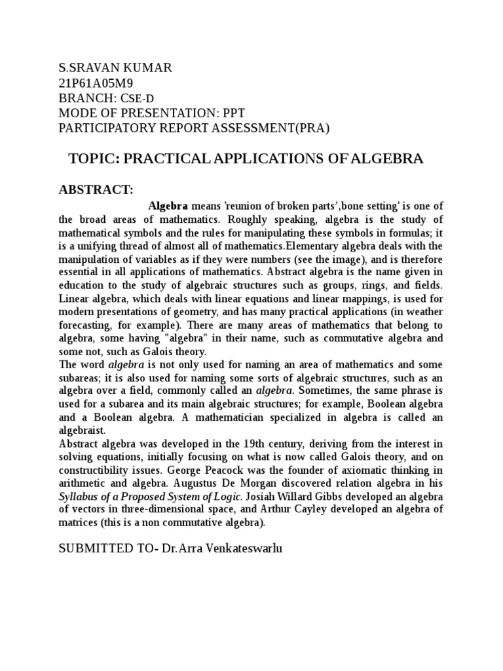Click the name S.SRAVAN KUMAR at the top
tap(115, 69)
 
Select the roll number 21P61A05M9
tap(98, 84)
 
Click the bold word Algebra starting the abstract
tap(169, 206)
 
